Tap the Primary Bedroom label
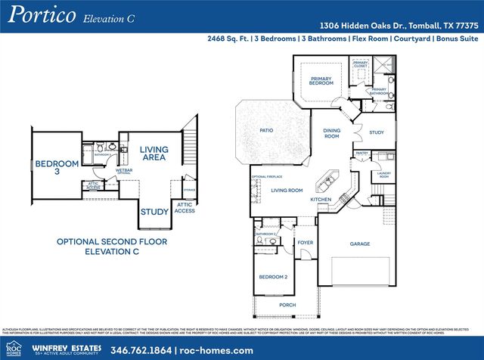click(x=321, y=81)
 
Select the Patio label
click(x=266, y=130)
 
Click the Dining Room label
click(x=331, y=134)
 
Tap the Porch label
click(x=287, y=306)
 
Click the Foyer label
click(x=306, y=243)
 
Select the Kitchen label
click(x=321, y=199)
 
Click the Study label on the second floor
click(x=154, y=213)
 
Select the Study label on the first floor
click(x=377, y=132)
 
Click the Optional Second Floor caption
click(x=113, y=247)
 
